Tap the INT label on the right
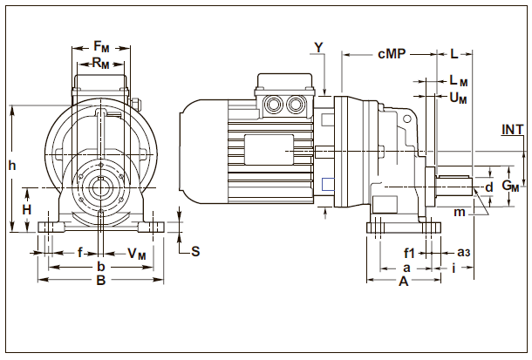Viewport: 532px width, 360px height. pos(513,130)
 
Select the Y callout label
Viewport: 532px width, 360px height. pos(318,45)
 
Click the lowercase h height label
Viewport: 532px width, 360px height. pos(11,165)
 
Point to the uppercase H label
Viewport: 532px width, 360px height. pos(27,211)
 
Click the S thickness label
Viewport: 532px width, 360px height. pos(195,252)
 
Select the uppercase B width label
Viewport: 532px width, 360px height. pos(100,281)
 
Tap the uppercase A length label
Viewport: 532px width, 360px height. pos(404,282)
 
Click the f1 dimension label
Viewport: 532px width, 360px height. pos(409,253)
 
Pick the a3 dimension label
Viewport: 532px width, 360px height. pos(464,253)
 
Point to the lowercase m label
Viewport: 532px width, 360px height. pos(459,212)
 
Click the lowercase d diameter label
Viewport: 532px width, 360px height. pos(489,187)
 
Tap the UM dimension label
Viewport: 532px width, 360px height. pos(458,98)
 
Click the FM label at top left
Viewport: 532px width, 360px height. pos(101,45)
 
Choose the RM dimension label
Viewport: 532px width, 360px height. pos(101,63)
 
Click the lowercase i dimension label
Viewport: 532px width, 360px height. pos(454,268)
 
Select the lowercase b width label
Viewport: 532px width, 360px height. pos(100,266)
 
